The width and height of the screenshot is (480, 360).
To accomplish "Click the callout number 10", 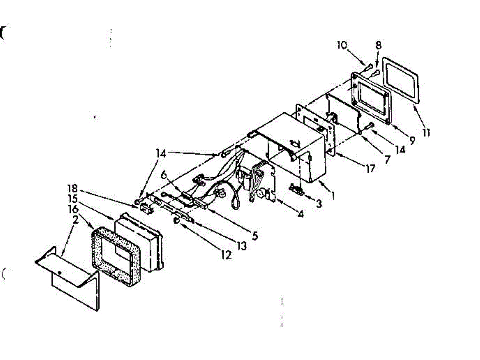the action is [x=342, y=45].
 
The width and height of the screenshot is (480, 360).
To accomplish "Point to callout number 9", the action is [x=411, y=140].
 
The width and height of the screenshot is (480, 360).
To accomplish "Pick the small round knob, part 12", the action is [x=176, y=221].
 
